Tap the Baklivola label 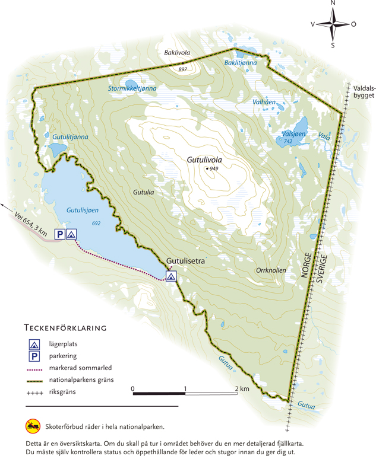[176, 53]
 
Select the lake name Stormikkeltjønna [132, 88]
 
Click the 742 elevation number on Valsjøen [287, 142]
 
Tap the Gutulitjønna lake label [70, 137]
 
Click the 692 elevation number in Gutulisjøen [96, 222]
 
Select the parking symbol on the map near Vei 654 [59, 234]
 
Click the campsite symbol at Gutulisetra [170, 276]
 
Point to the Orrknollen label [271, 270]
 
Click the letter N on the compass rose [333, 4]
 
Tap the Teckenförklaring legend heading [65, 327]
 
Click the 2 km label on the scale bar [240, 389]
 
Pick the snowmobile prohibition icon [33, 426]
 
